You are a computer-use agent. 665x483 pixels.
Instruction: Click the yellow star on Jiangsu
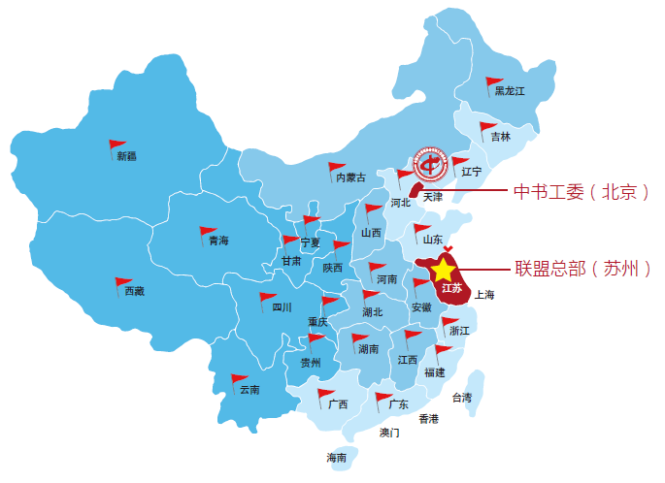point(443,269)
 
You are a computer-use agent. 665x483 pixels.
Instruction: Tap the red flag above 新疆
point(116,146)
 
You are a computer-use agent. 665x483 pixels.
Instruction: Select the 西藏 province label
point(135,291)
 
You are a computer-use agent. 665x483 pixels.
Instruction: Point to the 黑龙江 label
point(509,91)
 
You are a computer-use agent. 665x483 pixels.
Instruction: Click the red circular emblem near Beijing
point(428,164)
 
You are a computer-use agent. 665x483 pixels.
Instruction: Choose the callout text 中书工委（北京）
point(580,191)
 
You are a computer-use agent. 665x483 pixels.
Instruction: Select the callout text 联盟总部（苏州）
point(582,269)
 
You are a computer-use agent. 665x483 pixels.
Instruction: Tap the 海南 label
point(336,458)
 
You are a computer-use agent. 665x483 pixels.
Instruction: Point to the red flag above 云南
point(238,379)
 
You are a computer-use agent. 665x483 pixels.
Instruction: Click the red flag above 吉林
point(486,127)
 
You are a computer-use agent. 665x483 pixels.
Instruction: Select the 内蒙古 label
point(350,177)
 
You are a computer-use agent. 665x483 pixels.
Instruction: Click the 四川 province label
point(282,307)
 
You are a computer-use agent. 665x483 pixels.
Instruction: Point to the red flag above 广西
point(325,394)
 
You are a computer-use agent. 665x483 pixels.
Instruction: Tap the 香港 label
point(428,419)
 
